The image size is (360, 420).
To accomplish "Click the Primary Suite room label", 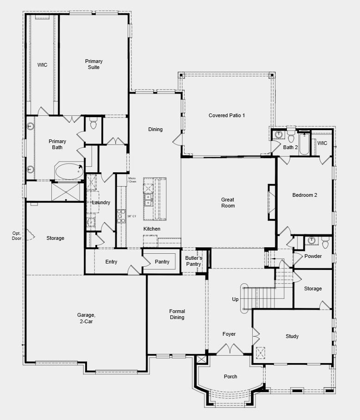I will [x=93, y=64].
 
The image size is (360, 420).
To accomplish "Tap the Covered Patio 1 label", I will [x=227, y=115].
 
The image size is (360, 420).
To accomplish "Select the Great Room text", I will [x=228, y=203].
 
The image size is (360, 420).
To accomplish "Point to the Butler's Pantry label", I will [x=193, y=261].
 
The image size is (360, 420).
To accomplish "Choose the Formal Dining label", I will [x=177, y=314].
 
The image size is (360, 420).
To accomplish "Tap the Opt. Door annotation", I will [x=17, y=236].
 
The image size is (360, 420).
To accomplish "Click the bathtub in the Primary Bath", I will [x=69, y=171].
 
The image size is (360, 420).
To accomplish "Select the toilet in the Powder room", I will [x=325, y=241].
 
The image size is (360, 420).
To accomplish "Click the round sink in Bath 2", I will [x=278, y=135].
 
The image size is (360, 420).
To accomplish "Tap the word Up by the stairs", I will [x=235, y=300].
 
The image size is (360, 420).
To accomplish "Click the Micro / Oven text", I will [x=132, y=180].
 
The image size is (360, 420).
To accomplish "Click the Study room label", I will [x=292, y=336].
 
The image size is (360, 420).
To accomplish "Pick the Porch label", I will [x=230, y=376].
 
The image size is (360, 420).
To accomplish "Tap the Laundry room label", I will [x=101, y=202].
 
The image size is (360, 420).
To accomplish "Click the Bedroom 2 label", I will [x=304, y=195].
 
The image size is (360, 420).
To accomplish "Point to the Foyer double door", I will [x=230, y=349].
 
